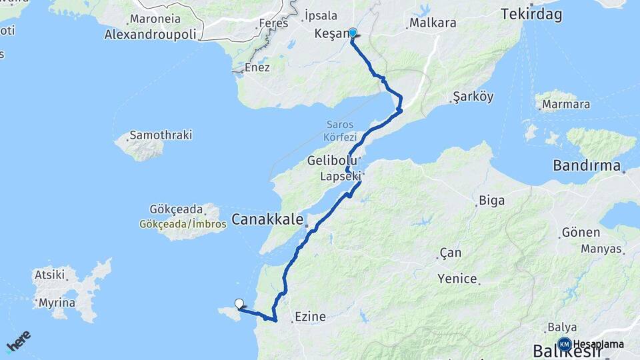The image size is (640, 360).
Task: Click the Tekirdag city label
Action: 531,14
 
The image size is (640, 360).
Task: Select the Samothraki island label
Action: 161,135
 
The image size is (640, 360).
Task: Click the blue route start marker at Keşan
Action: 353,32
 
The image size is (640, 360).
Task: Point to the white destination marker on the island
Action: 239,303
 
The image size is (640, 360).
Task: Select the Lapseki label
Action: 341,177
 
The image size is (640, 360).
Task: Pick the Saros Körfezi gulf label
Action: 342,130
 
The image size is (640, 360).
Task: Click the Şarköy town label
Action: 473,97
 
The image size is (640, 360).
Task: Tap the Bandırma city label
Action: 587,165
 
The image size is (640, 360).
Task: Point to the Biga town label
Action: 492,200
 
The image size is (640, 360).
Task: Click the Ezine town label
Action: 309,317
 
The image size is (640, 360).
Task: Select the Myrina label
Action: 57,303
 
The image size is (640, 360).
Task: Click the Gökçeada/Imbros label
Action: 183,225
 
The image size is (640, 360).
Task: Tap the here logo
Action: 19,340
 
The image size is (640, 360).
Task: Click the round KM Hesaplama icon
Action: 565,344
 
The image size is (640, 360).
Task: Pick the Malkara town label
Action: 433,23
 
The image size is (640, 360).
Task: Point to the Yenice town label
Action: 457,279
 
